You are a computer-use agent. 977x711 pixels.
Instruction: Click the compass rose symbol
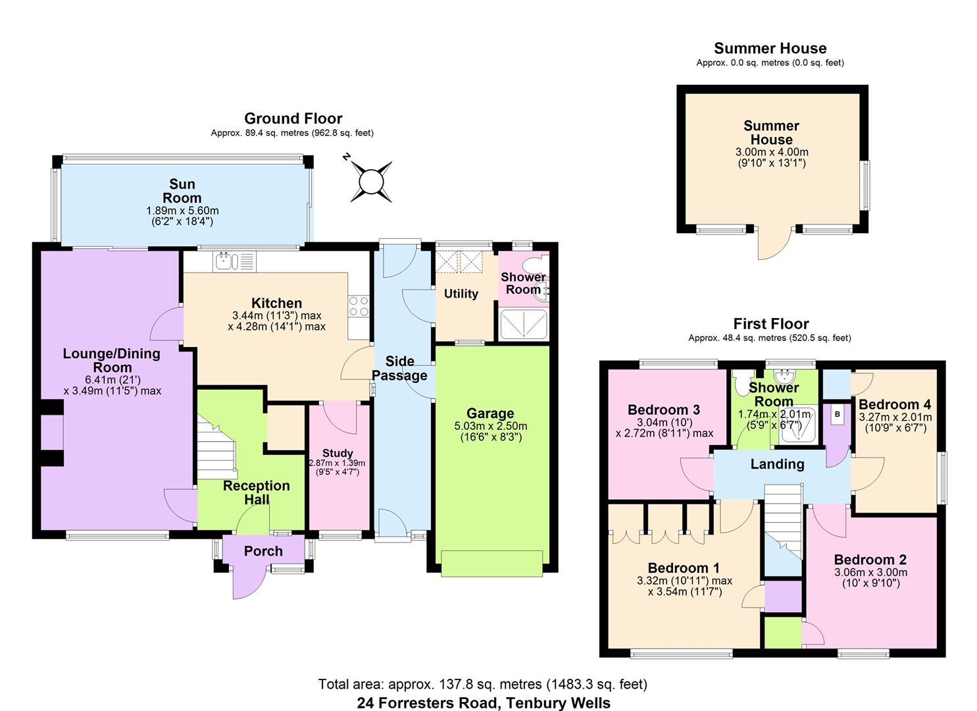[x=371, y=180]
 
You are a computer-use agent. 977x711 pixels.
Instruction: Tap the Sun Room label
[x=182, y=191]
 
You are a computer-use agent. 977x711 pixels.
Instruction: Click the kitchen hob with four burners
[x=359, y=307]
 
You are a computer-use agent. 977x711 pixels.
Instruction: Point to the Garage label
[x=490, y=413]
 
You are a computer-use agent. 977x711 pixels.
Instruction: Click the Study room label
[x=338, y=453]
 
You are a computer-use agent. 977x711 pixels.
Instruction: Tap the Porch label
[x=263, y=551]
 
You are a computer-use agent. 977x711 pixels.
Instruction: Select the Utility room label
[x=461, y=294]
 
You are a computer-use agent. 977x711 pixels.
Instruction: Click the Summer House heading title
[x=770, y=48]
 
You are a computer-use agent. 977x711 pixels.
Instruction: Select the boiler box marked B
[x=838, y=414]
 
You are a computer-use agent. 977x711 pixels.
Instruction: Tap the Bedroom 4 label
[x=895, y=404]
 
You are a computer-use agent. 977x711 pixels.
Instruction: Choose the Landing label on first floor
[x=777, y=464]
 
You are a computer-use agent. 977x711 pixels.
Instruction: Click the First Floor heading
[x=770, y=323]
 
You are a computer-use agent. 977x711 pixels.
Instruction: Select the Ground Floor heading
[x=293, y=118]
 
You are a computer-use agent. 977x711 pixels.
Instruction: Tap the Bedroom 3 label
[x=663, y=409]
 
